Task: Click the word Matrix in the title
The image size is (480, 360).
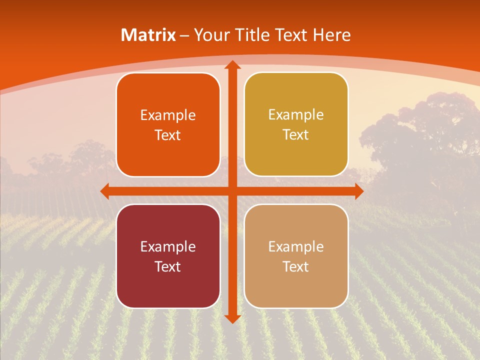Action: [x=148, y=35]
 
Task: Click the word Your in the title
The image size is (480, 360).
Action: [x=209, y=35]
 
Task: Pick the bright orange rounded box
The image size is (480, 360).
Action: [x=168, y=125]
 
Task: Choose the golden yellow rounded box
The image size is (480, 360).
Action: [x=296, y=124]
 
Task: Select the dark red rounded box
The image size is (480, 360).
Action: [x=168, y=256]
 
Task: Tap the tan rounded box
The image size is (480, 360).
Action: [x=296, y=256]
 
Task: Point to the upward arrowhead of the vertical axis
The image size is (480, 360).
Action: [x=232, y=65]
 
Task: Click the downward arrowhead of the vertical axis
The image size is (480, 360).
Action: [x=232, y=318]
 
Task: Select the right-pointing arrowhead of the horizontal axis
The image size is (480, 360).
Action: [x=358, y=191]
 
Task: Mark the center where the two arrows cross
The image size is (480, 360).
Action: [x=232, y=191]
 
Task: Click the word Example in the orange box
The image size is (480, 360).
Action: [x=168, y=115]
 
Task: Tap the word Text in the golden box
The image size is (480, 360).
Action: [x=296, y=135]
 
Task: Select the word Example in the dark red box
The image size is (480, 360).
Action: [x=168, y=246]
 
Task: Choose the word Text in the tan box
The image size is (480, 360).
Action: [x=296, y=266]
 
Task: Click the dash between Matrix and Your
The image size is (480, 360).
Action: [x=185, y=35]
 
